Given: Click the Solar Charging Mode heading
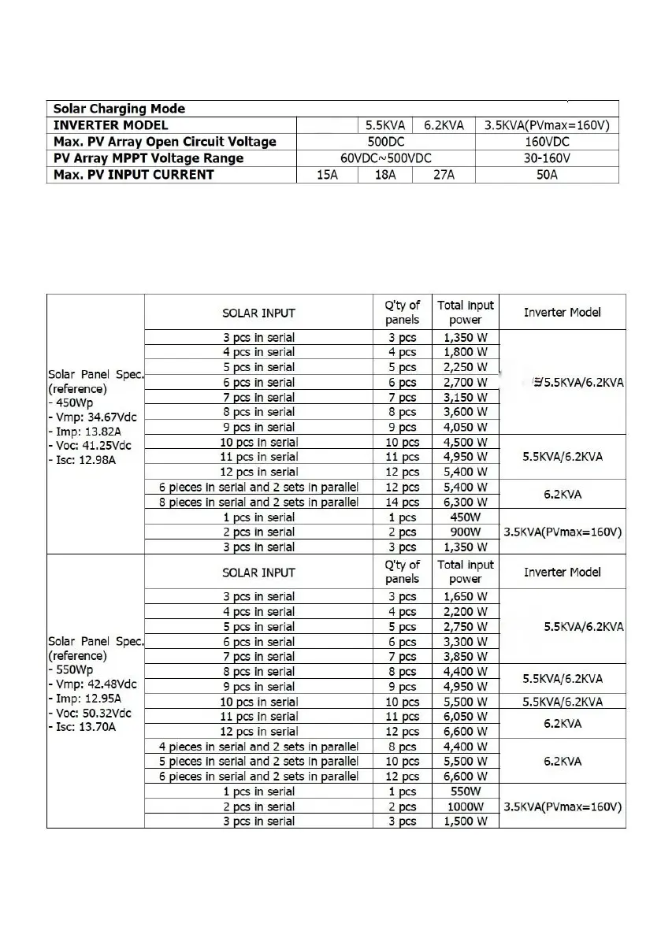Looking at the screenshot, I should tap(118, 109).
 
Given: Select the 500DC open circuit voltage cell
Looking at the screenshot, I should tap(385, 142).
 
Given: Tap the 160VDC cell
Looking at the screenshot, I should tap(547, 142).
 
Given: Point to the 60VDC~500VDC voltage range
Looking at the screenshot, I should tap(385, 158).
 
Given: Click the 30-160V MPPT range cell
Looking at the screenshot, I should tap(547, 158).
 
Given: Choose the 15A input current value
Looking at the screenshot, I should tap(327, 175).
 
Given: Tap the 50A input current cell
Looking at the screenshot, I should tap(547, 175).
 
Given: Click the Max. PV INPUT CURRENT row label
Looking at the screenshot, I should tap(133, 175).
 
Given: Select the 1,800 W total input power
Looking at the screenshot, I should tap(466, 352).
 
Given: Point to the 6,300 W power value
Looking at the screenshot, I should tap(466, 502).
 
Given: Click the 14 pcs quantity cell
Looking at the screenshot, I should tap(403, 502).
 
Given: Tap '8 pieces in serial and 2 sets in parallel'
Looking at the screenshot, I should tap(258, 502).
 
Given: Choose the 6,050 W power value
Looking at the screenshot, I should tap(466, 717).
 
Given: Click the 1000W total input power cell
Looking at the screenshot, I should tap(466, 806).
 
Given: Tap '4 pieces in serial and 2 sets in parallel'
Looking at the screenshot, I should tap(258, 747).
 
